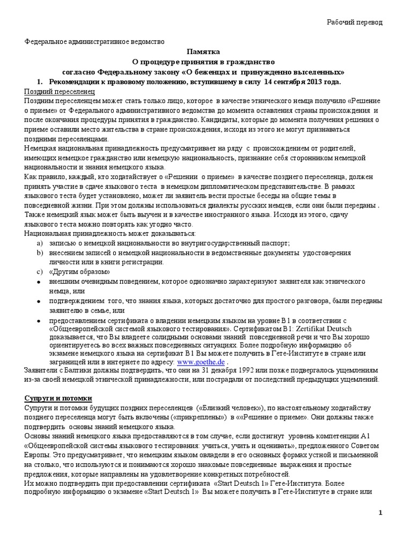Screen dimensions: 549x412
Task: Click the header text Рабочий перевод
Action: point(355,21)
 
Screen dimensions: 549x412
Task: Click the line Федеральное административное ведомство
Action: point(96,42)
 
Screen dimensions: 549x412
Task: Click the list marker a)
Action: point(39,243)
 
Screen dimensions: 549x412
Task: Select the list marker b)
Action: point(39,253)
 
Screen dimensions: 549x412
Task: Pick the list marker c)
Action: point(39,272)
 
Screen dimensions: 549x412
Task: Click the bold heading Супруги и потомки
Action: point(59,399)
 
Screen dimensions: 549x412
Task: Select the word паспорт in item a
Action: point(276,243)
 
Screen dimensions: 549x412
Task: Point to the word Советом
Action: point(364,446)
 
